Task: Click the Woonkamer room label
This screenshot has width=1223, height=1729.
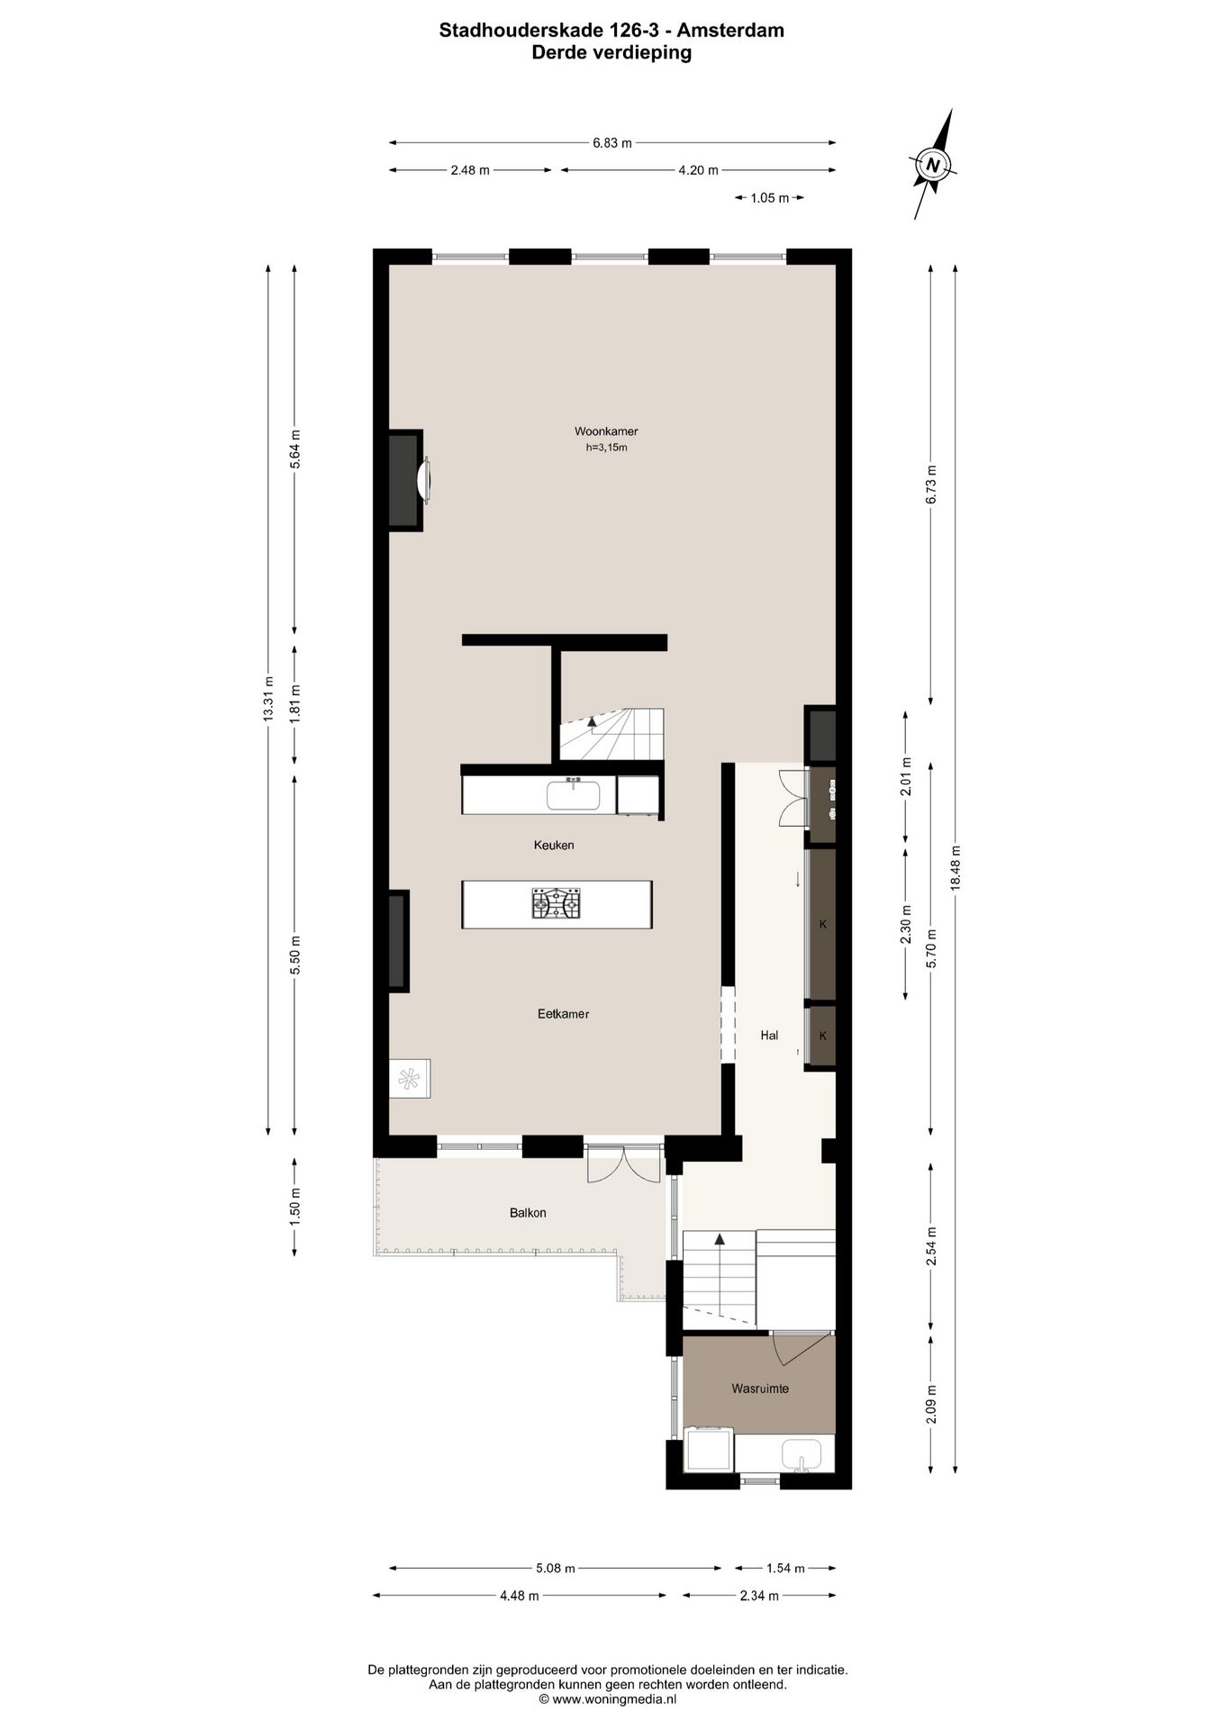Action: pos(606,431)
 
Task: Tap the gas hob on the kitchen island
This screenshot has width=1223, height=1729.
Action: pos(556,903)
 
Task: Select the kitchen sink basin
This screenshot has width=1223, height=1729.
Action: pos(573,796)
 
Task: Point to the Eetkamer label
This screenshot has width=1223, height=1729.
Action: pos(563,1014)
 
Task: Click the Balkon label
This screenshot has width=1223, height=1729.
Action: pos(528,1213)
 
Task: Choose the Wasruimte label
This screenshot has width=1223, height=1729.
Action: pos(759,1389)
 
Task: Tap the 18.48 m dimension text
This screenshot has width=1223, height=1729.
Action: pos(956,868)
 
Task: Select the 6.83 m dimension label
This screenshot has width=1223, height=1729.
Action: pos(611,142)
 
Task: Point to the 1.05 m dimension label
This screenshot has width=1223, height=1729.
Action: pos(769,198)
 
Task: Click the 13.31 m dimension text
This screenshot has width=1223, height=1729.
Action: pos(267,698)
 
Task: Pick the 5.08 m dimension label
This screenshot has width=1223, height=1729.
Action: pos(555,1568)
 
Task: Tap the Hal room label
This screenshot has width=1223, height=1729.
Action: pos(769,1036)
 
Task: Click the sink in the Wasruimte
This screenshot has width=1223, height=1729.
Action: pos(801,1453)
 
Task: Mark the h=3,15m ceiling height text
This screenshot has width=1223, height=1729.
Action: pos(606,448)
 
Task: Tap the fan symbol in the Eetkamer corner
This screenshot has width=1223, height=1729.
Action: pos(409,1078)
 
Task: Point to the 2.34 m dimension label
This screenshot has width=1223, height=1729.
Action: pos(758,1596)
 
